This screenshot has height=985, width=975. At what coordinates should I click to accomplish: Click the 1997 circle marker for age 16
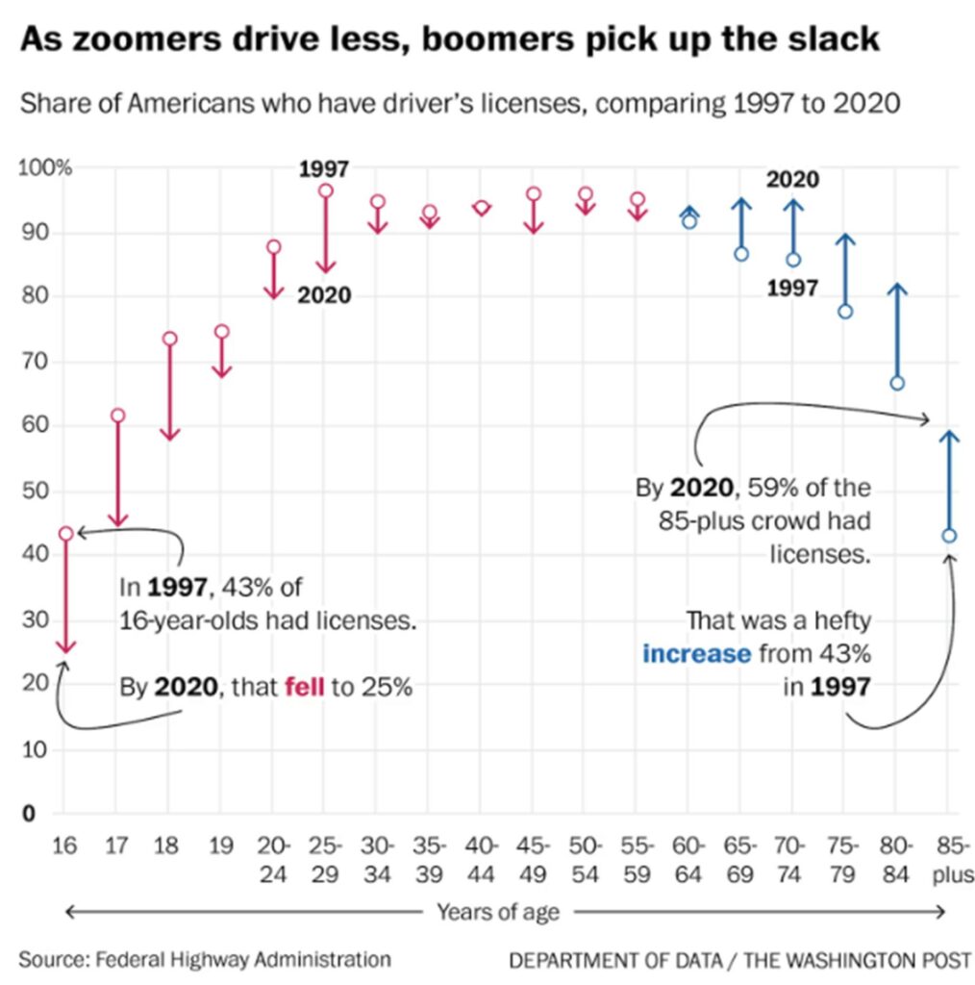point(65,533)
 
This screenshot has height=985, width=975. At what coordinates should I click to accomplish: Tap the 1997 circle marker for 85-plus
point(949,536)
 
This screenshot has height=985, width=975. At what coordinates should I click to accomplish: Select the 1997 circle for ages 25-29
point(325,190)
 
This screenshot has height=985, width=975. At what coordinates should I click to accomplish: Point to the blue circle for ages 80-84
point(897,383)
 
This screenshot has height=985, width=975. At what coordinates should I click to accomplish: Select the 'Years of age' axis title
point(497,911)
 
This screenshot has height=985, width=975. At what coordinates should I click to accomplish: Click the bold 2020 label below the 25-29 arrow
point(324,295)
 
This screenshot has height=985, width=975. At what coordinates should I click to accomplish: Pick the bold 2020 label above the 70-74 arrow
point(792,179)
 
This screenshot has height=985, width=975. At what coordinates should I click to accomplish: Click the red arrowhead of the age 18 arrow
point(170,436)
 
